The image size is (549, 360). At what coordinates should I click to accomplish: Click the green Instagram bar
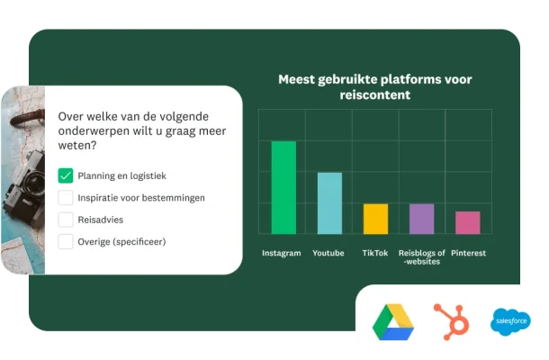pos(283,187)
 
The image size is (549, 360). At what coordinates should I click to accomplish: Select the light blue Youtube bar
pos(329,202)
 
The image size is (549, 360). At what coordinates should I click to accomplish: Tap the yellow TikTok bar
pos(375,219)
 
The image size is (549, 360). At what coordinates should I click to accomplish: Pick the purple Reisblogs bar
pos(421,219)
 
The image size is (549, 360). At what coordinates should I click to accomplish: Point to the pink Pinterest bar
pos(468,222)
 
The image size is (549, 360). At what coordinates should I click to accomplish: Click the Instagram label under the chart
pos(282,253)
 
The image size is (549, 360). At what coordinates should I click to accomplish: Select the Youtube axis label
pos(328,253)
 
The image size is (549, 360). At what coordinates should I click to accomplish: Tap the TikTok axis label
pos(375,253)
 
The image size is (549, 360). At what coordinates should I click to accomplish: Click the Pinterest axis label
pos(469,253)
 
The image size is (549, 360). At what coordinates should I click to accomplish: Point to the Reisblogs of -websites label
pos(422,257)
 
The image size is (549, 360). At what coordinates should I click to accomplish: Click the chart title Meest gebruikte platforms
pos(374,86)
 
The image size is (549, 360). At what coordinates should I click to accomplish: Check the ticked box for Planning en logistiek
pos(66,175)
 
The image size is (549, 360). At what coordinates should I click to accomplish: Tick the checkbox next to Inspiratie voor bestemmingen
pos(66,197)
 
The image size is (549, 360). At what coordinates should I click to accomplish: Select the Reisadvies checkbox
pos(66,219)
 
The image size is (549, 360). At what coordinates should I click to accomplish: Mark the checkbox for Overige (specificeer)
pos(66,241)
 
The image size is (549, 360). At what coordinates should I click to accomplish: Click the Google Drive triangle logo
pos(393,321)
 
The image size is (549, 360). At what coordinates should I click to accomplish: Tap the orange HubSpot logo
pos(449,319)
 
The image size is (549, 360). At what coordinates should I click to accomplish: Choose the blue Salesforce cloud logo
pos(510,320)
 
